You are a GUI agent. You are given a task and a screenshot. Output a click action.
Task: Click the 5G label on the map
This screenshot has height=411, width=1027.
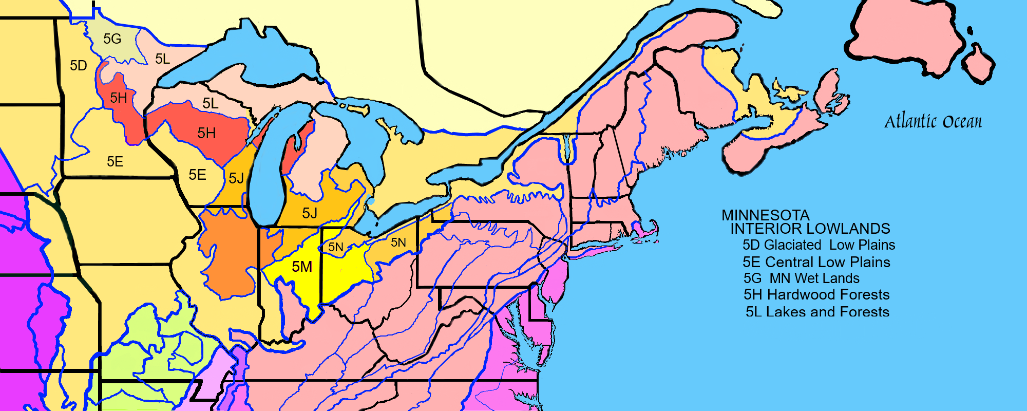[x=112, y=39]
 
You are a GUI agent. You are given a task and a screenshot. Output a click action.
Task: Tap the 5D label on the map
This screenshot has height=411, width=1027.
[x=79, y=66]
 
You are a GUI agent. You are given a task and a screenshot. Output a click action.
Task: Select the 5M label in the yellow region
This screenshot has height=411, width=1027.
[x=302, y=267]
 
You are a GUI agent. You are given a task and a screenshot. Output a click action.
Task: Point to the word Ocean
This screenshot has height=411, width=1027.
[x=962, y=122]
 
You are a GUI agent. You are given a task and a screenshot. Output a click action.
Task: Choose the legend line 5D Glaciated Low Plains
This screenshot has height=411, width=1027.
[x=819, y=245]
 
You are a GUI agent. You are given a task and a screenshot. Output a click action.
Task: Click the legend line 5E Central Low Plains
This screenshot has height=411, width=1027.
[x=816, y=262]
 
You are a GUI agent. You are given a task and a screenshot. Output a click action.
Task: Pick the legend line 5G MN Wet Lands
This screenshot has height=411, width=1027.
[x=801, y=278]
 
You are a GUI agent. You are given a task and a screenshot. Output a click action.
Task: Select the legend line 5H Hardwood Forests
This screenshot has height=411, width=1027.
[x=816, y=295]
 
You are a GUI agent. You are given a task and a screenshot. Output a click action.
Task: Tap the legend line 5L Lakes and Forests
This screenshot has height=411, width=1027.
[x=817, y=312]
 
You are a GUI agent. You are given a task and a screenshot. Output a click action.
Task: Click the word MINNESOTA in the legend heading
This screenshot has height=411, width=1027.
[x=765, y=215]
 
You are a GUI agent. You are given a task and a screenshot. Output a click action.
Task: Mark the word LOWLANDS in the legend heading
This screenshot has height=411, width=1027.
[x=847, y=229]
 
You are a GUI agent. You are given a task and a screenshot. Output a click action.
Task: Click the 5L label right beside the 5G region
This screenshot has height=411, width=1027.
[x=162, y=59]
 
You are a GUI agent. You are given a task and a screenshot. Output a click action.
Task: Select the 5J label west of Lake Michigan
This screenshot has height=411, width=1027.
[x=236, y=178]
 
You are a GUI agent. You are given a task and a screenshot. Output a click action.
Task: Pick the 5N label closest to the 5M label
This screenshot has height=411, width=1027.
[x=336, y=247]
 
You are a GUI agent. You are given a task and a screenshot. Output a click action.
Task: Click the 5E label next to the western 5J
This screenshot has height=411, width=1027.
[x=197, y=175]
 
